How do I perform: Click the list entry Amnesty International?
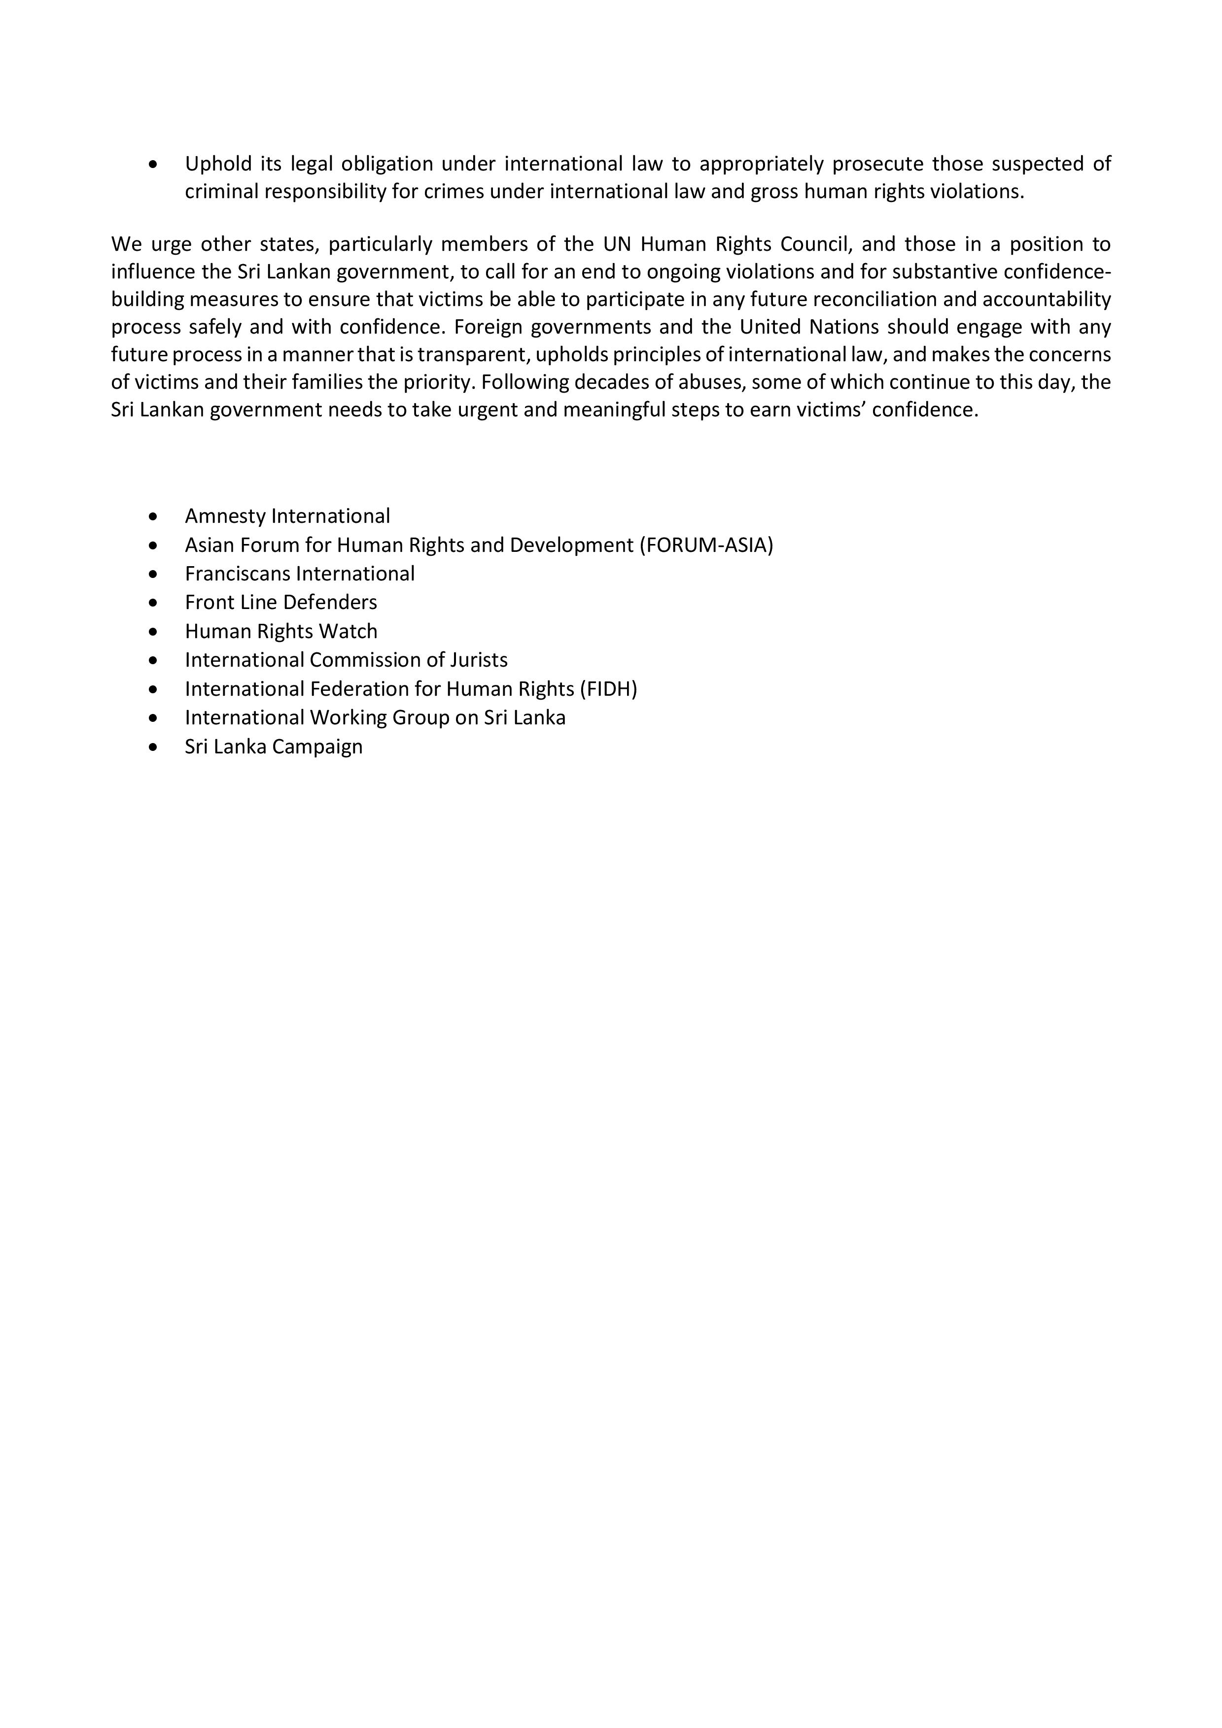coord(287,516)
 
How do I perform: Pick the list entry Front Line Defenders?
coord(281,602)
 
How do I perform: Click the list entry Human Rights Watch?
coord(281,632)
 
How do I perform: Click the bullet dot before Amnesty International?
coord(154,517)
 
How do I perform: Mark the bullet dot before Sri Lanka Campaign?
coord(154,747)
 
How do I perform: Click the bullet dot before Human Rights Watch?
coord(154,632)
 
